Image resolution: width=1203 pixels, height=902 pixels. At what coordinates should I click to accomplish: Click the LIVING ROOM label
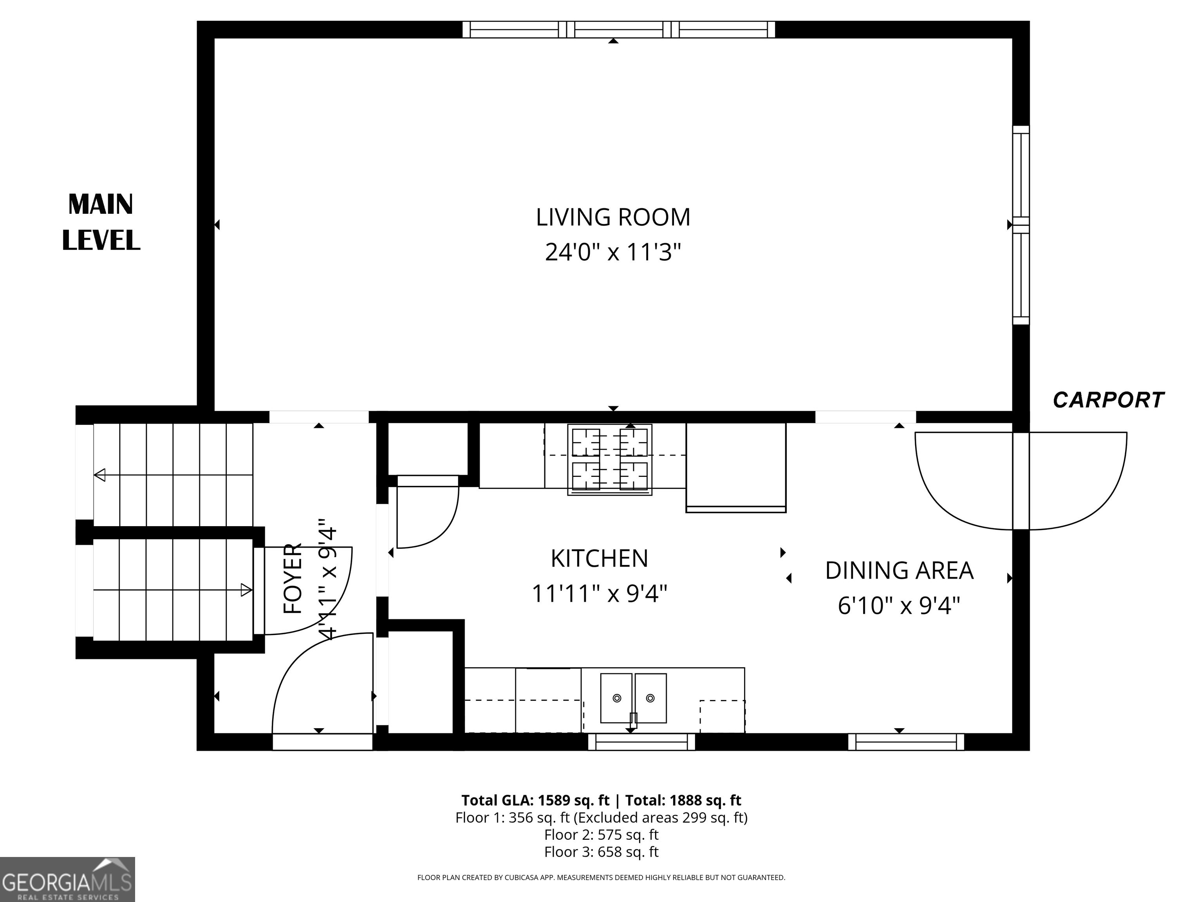tap(613, 218)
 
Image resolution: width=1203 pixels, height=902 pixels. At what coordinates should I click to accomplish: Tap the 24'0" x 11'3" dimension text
tap(613, 252)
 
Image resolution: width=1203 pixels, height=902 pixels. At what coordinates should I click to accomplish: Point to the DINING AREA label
tap(899, 571)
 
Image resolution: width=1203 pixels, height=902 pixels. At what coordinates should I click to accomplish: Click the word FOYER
tap(293, 579)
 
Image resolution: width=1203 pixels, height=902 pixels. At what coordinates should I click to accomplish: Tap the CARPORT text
tap(1108, 400)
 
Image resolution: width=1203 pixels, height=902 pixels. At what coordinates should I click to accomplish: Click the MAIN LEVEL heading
tap(101, 222)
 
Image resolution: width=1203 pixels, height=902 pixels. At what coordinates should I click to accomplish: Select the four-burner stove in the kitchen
tap(610, 460)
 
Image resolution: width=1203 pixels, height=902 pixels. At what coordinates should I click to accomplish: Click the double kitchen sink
tap(634, 698)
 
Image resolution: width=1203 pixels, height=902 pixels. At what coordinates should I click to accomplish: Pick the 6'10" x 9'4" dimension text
tap(899, 606)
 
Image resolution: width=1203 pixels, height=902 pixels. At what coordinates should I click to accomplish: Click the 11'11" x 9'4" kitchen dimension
tap(599, 594)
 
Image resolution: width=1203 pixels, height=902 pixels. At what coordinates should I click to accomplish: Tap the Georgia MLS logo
tap(67, 879)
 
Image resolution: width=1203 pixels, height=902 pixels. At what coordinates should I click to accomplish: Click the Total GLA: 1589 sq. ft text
tap(535, 800)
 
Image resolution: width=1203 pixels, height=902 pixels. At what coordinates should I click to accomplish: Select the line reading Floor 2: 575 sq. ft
tap(601, 835)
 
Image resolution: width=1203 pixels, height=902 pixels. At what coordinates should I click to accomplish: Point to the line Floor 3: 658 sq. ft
tap(601, 851)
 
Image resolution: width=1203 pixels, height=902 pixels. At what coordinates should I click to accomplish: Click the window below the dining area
tap(906, 742)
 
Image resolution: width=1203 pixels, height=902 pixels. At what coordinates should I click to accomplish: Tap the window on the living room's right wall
tap(1021, 225)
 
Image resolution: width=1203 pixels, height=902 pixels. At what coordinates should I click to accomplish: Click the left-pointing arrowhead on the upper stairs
tap(99, 475)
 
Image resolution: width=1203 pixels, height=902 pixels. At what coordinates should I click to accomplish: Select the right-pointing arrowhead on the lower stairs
tap(246, 589)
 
